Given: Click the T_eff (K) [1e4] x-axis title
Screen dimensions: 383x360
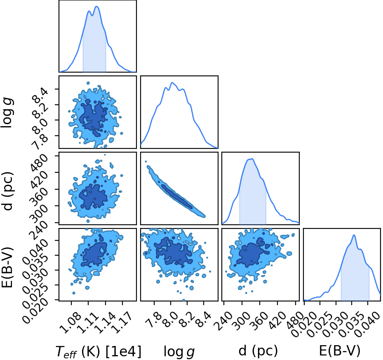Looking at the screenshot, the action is point(99,352).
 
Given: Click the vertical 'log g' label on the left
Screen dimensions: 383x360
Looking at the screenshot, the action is point(7,112).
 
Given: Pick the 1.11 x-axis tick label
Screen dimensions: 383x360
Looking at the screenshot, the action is point(87,322).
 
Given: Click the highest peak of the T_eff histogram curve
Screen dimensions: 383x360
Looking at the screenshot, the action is point(96,6).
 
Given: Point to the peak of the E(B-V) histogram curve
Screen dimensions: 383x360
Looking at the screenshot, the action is point(354,235).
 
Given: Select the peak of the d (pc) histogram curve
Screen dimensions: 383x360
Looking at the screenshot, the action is point(251,159).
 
